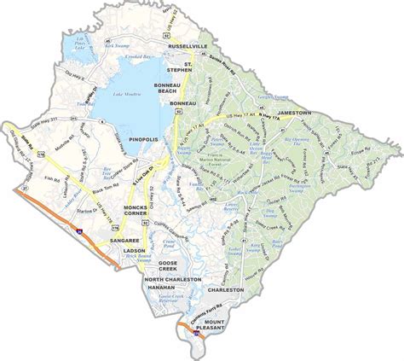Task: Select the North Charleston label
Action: pos(173,280)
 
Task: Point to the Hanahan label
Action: pos(160,289)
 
